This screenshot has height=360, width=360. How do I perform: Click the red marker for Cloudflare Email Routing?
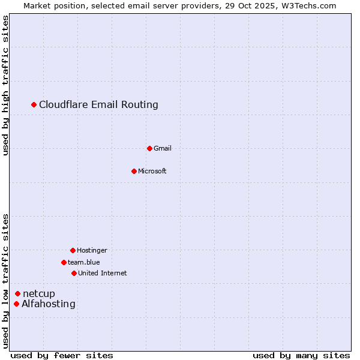click(34, 105)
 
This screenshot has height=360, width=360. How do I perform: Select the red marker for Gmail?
click(149, 148)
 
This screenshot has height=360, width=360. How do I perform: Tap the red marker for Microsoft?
click(134, 171)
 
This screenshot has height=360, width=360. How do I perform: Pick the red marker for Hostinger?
click(73, 250)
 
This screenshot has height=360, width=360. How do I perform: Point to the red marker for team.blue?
click(64, 262)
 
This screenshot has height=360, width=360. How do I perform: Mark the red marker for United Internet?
click(74, 273)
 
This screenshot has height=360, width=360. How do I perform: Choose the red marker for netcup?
click(18, 293)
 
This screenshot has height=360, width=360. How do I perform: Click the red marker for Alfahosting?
click(16, 304)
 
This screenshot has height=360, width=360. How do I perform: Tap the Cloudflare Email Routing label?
click(98, 105)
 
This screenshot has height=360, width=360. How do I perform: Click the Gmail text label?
click(163, 148)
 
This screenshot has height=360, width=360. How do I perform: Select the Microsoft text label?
click(152, 171)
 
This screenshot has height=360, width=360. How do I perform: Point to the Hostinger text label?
click(92, 250)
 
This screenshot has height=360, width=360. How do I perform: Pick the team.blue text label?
click(84, 262)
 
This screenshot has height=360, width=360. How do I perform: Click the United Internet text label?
click(103, 273)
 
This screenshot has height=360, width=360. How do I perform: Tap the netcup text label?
click(39, 293)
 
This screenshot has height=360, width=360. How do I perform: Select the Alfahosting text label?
click(49, 304)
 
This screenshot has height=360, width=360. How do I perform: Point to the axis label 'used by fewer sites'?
click(62, 355)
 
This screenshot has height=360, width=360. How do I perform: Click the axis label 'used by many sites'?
click(301, 355)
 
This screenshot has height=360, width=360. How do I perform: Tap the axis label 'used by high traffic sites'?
click(5, 85)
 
